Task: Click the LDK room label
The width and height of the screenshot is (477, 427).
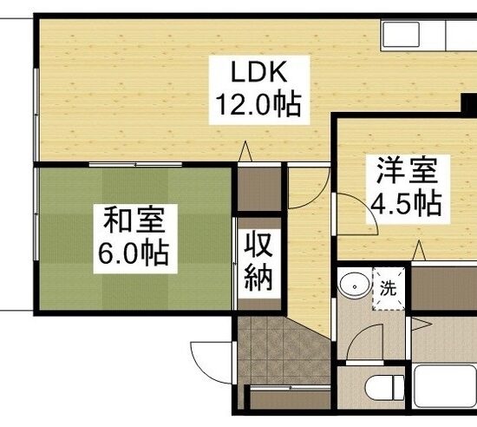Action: tap(259, 72)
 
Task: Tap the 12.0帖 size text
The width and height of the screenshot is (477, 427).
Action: tap(258, 104)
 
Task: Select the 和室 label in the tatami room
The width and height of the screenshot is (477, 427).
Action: tap(134, 220)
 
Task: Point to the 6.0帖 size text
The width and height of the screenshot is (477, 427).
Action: tap(134, 253)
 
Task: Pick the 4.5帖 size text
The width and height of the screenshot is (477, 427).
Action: tap(406, 204)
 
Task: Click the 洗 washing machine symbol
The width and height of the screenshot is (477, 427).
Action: tap(389, 288)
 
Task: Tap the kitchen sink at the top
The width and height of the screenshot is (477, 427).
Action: tap(401, 34)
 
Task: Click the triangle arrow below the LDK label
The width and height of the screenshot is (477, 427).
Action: tap(245, 151)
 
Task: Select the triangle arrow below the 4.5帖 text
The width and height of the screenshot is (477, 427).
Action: tap(419, 250)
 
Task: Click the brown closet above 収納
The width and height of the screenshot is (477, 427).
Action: tap(259, 188)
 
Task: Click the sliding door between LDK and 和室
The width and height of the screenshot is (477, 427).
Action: tap(135, 165)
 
